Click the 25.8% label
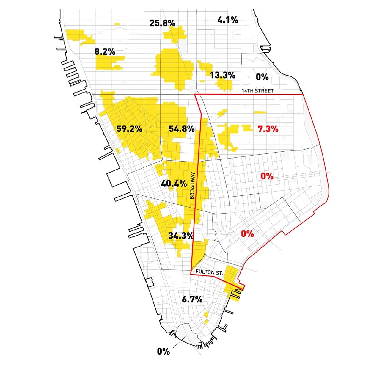pos(162,23)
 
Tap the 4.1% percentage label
pos(228,20)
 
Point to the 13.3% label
pos(223,75)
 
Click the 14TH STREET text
pos(258,91)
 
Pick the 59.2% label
pos(130,129)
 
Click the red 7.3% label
pos(268,129)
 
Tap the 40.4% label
pos(174,183)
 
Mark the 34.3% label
pos(181,235)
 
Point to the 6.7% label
pos(192,300)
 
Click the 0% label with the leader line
pos(164,352)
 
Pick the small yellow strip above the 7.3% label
pos(260,112)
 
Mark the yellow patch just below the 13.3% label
pos(224,84)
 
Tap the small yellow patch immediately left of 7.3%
pos(247,128)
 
